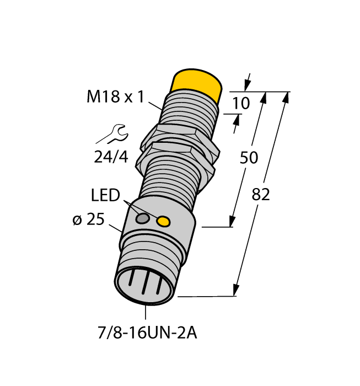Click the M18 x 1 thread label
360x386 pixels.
(x=115, y=97)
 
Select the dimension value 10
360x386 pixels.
(x=241, y=103)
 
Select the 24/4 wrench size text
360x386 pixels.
(x=110, y=157)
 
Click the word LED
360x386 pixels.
(x=105, y=195)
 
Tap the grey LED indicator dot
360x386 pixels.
(x=142, y=219)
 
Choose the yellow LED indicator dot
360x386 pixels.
(x=163, y=222)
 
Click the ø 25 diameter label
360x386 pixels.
(x=88, y=219)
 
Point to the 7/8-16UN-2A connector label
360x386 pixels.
(x=146, y=334)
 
